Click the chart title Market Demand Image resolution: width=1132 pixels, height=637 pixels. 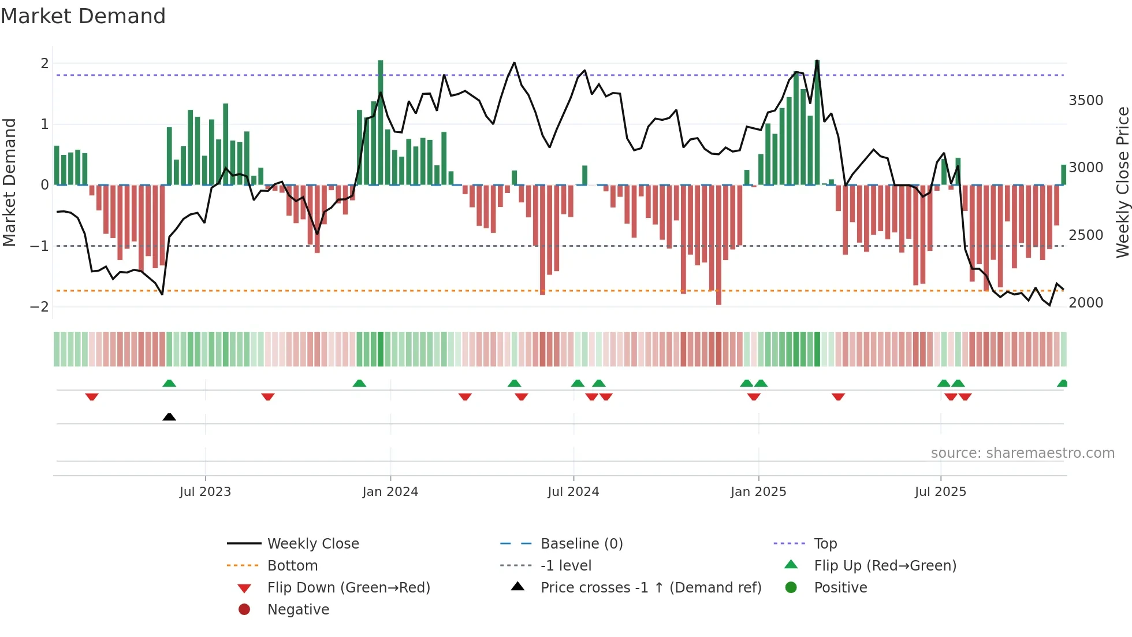pos(83,16)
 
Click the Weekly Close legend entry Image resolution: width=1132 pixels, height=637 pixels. pos(312,543)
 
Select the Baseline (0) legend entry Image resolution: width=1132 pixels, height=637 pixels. pos(581,543)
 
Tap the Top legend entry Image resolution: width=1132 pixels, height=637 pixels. pos(825,543)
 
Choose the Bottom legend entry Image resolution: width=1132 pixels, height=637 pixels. pos(292,565)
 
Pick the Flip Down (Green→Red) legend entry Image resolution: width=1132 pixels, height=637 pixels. pos(348,587)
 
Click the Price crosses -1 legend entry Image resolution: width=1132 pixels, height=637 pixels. pos(650,587)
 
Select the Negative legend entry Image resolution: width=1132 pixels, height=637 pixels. pos(298,609)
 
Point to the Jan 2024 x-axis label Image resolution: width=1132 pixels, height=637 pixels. pos(390,491)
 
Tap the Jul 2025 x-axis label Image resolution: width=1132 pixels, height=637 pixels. pos(940,491)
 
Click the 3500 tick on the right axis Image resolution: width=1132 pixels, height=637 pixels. pos(1086,101)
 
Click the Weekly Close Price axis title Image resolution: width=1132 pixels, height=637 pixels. pos(1122,182)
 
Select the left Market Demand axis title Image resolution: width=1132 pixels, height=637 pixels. pos(9,182)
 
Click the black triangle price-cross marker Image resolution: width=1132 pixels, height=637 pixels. pos(169,417)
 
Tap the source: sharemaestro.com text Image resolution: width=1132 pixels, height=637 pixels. pos(1022,453)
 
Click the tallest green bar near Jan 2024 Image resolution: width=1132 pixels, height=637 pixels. pos(381,121)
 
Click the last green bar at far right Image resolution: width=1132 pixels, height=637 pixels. pos(1063,175)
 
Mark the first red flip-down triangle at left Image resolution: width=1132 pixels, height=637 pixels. pos(92,397)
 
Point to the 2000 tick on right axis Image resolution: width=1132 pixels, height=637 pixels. pos(1086,302)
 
